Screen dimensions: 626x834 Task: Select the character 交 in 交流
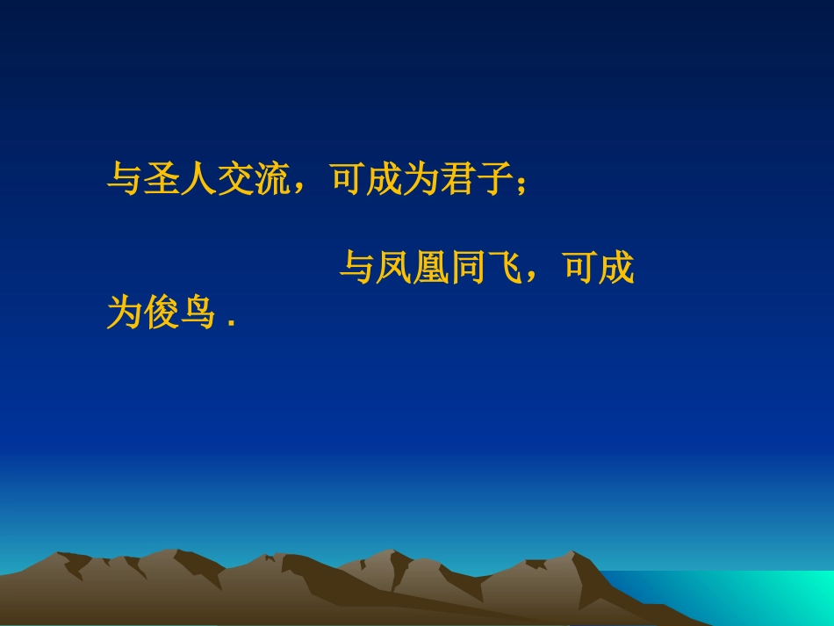pos(238,179)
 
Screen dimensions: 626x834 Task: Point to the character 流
pos(275,179)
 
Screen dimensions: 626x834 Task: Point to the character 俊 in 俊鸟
pos(162,313)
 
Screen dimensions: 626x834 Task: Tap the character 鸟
pos(200,313)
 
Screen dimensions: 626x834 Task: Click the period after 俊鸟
pos(232,324)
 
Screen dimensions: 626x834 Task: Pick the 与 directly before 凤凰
pos(357,268)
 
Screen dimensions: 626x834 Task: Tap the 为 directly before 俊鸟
pos(125,313)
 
